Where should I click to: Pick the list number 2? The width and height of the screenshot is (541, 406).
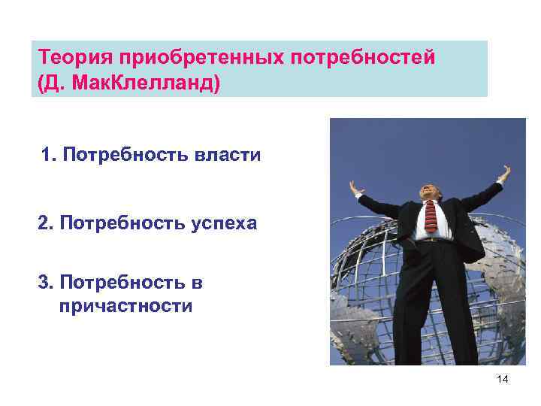click(x=44, y=223)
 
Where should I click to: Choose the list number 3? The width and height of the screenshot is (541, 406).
click(x=44, y=283)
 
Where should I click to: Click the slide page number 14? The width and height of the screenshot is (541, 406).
click(x=503, y=380)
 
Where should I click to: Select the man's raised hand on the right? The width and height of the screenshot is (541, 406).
click(x=505, y=174)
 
